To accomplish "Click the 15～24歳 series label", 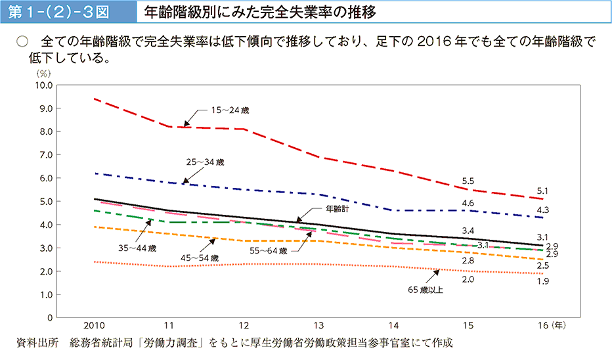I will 229,110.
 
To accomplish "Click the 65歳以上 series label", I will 426,288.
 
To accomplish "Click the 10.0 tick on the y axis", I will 44,85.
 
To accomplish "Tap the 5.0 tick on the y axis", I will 45,202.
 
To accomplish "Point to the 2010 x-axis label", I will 95,325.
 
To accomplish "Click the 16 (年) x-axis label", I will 548,325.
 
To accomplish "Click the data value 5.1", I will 542,191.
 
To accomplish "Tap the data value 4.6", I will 468,204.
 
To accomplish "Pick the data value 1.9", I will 542,281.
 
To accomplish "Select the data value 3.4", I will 468,231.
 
